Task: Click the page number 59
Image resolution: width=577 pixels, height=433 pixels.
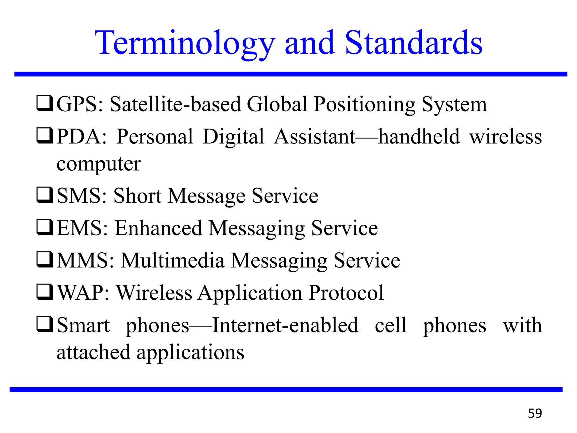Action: (535, 413)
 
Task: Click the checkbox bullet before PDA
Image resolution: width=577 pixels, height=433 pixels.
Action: (45, 136)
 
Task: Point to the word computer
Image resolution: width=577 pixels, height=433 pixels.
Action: (99, 164)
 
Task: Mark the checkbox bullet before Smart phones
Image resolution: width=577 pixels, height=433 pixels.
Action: (45, 324)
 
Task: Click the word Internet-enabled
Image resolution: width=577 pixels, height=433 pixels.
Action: (285, 325)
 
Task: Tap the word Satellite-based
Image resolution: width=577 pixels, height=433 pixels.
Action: (175, 104)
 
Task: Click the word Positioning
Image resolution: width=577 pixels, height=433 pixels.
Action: (365, 105)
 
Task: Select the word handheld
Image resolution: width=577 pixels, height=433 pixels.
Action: (419, 136)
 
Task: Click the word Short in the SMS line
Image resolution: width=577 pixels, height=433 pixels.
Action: (137, 196)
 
